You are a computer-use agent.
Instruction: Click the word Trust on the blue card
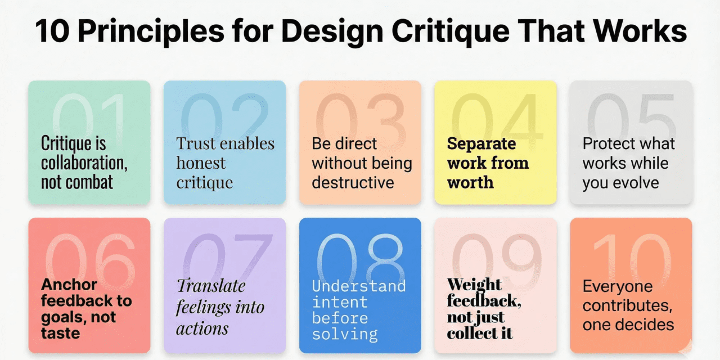coord(196,143)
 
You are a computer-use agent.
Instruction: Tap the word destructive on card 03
coord(353,182)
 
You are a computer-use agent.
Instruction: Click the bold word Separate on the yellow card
coord(481,143)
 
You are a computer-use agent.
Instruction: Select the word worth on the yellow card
coord(470,182)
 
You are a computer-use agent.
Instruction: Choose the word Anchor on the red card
coord(69,285)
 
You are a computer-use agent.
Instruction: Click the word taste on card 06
coord(60,332)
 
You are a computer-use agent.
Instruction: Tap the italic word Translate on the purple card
coord(211,286)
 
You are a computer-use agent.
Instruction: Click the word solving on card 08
coord(344,335)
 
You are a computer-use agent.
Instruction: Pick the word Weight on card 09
coord(474,284)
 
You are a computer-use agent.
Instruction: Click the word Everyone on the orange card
coord(618,286)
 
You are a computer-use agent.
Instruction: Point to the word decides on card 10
coord(644,325)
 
